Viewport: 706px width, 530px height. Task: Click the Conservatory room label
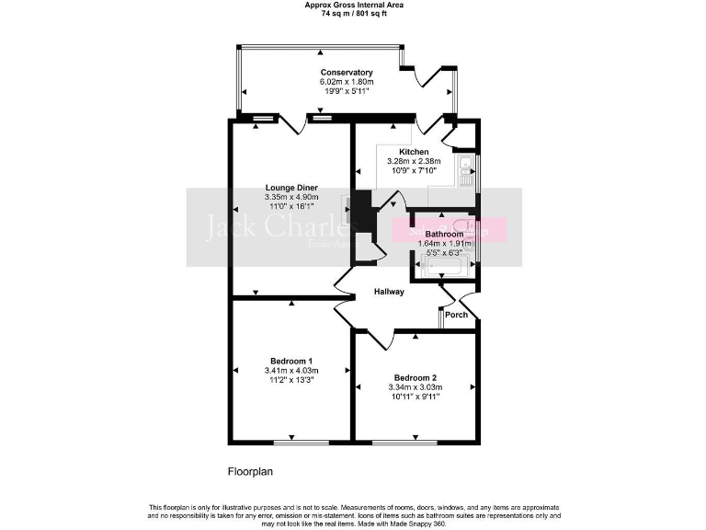[x=347, y=72]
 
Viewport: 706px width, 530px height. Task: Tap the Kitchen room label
[x=414, y=152]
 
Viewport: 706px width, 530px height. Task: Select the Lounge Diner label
[x=290, y=188]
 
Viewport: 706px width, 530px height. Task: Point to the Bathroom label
[x=444, y=235]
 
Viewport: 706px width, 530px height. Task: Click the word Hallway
[x=389, y=292]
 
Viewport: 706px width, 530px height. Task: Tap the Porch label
[x=456, y=315]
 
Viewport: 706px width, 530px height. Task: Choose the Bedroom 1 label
[x=290, y=361]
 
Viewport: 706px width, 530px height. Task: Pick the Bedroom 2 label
[x=415, y=378]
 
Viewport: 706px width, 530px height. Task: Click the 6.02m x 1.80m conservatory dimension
[x=347, y=82]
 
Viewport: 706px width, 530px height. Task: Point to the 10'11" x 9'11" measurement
[x=415, y=397]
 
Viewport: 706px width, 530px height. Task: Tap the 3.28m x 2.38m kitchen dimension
[x=414, y=161]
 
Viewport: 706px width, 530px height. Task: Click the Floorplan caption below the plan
[x=250, y=472]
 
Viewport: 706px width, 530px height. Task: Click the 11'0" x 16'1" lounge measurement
[x=290, y=206]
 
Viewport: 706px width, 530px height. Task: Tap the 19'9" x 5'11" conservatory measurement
[x=347, y=91]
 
